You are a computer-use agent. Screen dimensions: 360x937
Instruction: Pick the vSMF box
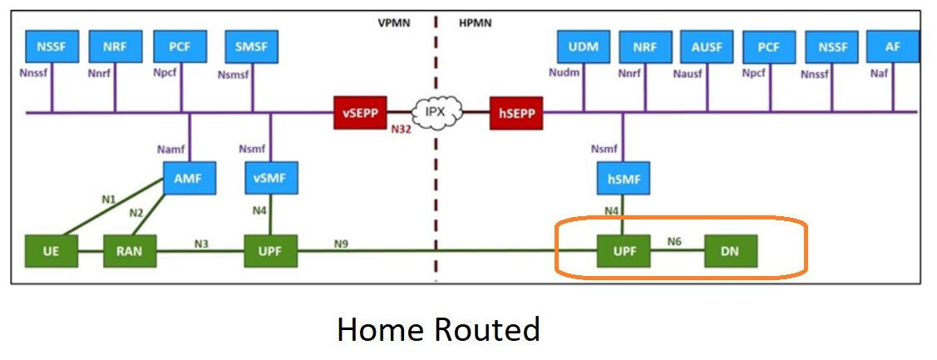[270, 178]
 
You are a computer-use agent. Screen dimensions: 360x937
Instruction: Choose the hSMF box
[623, 178]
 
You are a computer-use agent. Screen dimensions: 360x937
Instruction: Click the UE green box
[52, 250]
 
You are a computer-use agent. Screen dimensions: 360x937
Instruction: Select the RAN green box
[130, 250]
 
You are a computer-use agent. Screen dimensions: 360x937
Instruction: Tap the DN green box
[731, 250]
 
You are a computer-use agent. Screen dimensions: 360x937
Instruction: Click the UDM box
[582, 47]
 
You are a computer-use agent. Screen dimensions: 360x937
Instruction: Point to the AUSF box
[707, 47]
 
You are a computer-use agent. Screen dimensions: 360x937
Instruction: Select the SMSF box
[251, 47]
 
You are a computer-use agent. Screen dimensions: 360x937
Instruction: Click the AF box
[893, 47]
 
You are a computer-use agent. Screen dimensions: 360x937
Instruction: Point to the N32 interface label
[402, 131]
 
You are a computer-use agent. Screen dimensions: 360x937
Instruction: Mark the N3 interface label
[201, 244]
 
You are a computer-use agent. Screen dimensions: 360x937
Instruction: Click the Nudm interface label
[564, 73]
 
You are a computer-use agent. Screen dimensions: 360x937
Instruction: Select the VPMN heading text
[394, 22]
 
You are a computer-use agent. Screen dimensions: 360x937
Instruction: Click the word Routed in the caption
[491, 330]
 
